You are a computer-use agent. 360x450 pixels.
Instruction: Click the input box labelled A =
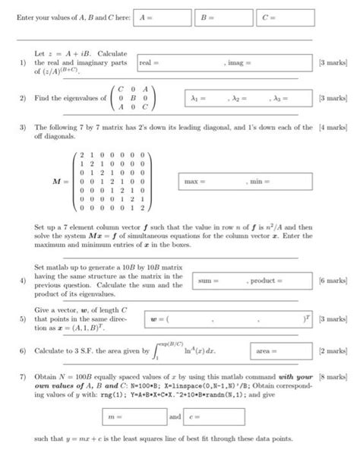162,17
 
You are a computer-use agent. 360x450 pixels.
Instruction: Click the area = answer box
278,352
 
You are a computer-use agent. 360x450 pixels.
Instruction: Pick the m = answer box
134,417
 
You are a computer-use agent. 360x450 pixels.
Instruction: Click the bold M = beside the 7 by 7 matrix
58,182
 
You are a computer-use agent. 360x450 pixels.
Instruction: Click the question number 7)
24,377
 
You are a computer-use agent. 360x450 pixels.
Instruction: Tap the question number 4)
24,281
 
